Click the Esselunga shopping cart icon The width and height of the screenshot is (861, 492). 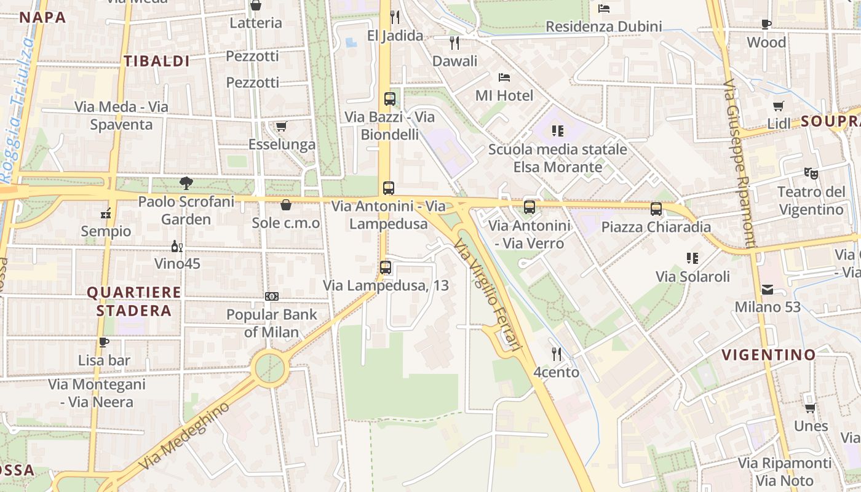click(x=282, y=127)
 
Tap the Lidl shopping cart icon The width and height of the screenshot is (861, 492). click(x=779, y=106)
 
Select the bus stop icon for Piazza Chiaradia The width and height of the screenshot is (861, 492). click(x=656, y=209)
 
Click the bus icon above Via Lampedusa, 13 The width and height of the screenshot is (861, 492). click(x=386, y=268)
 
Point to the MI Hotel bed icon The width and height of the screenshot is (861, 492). click(x=504, y=77)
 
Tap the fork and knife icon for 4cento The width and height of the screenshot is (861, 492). click(x=557, y=354)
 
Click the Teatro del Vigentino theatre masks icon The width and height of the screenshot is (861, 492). click(x=811, y=174)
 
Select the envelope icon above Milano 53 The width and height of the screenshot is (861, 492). click(x=768, y=289)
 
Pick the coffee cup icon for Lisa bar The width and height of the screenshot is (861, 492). click(x=104, y=342)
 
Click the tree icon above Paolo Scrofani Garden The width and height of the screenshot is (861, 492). click(x=186, y=183)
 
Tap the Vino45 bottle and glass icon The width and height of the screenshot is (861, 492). click(x=177, y=246)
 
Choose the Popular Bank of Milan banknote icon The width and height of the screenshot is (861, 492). click(x=272, y=296)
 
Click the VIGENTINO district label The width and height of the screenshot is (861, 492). click(x=768, y=355)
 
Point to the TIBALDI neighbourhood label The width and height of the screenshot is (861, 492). click(x=157, y=61)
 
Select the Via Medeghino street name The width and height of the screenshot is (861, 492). click(x=184, y=436)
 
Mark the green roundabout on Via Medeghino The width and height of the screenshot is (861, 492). click(x=271, y=368)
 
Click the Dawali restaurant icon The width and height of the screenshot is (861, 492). click(x=454, y=43)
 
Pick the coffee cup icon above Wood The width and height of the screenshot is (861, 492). click(x=766, y=25)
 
